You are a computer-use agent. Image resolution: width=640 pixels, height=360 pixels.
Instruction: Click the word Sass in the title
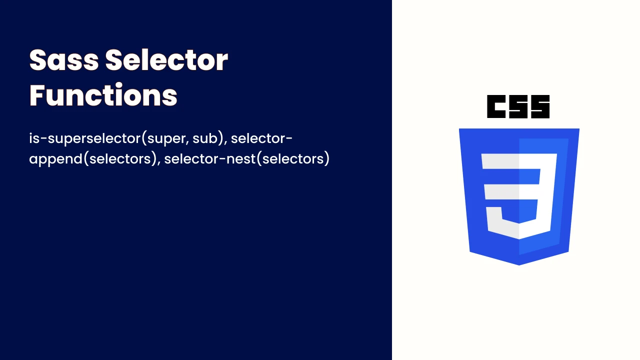(x=64, y=60)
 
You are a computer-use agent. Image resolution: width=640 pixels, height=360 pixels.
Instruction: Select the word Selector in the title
(x=167, y=60)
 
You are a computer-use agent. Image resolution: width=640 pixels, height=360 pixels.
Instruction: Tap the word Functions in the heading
(x=103, y=95)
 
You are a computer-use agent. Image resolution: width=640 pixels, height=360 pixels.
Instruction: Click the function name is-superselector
(x=85, y=138)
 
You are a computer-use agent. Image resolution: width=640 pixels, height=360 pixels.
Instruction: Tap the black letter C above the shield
(x=496, y=106)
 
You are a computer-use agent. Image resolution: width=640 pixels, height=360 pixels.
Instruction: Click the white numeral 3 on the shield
(x=519, y=196)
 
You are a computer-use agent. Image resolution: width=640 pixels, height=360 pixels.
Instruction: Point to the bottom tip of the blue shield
(x=519, y=265)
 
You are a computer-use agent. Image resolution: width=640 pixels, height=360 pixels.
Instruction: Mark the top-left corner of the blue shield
(x=459, y=129)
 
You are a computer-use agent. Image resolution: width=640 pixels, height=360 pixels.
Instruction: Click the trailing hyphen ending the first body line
(x=289, y=138)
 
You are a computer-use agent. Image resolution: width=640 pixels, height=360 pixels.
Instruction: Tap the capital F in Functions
(x=37, y=95)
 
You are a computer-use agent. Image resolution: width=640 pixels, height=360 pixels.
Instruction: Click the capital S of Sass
(x=37, y=60)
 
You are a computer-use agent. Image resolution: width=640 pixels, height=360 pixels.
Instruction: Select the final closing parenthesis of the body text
(x=327, y=159)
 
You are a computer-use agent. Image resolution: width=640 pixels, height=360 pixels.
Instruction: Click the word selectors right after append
(x=119, y=159)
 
